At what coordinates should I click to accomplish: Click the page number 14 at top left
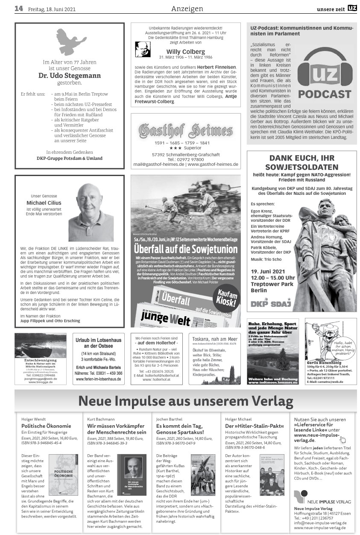pos(18,8)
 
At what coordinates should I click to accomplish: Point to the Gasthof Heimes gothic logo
pos(185,129)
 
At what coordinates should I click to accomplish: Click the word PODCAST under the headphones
pos(325,94)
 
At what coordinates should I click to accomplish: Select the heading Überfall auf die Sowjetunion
pos(186,249)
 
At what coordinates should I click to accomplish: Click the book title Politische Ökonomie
pos(46,426)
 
